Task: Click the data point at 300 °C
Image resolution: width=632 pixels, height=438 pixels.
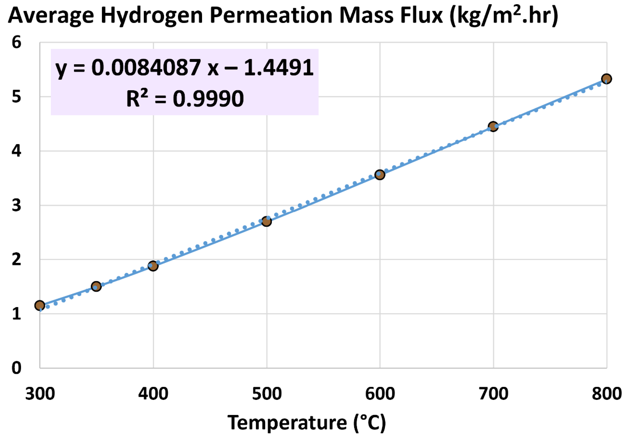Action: point(40,305)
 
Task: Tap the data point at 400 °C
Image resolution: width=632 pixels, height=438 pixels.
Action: point(153,266)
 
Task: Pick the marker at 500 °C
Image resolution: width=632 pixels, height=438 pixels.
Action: point(266,221)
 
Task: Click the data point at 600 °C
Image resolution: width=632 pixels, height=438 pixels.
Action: point(380,175)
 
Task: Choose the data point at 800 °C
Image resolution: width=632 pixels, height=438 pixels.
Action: point(606,79)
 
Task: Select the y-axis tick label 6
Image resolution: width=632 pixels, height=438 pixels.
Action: point(16,42)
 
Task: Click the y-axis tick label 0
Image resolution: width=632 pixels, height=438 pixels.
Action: point(16,368)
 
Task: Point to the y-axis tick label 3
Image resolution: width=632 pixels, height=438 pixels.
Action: point(16,205)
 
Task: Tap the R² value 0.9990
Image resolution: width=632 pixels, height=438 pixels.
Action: point(208,99)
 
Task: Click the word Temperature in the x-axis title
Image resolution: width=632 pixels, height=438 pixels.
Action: point(287,423)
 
